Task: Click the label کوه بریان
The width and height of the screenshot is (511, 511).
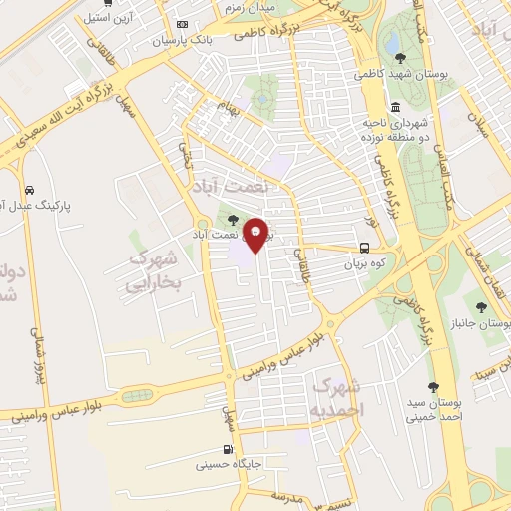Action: tap(366, 266)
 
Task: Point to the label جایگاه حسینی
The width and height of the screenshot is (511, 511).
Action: tap(230, 464)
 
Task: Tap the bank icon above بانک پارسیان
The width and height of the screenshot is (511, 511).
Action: tap(180, 24)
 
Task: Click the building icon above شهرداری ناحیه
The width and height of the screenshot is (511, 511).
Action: tap(396, 108)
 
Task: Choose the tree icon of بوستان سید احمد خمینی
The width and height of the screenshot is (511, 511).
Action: tap(433, 387)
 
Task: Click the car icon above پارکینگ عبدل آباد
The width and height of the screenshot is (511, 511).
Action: tap(31, 190)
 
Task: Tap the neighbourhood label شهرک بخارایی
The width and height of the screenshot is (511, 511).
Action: tap(152, 272)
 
